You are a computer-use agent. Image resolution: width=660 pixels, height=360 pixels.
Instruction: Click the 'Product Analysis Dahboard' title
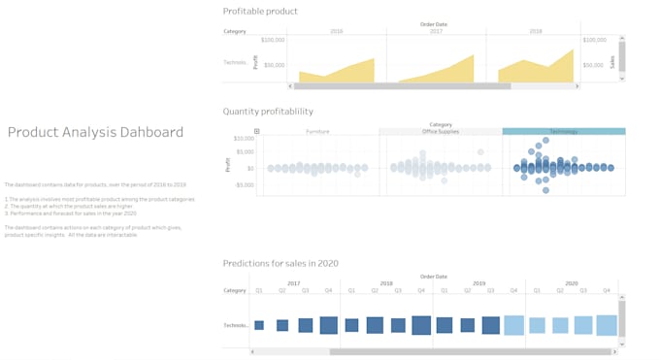point(95,133)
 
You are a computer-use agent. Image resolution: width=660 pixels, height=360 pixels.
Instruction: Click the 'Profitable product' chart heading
point(260,12)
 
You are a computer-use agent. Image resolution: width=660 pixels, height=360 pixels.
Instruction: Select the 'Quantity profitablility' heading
point(268,112)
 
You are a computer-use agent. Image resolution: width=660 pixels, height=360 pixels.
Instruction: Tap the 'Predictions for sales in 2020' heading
point(280,263)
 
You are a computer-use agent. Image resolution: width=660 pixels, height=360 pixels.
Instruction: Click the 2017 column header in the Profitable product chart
point(436,31)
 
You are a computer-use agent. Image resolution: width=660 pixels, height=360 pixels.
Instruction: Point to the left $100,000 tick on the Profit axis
point(273,41)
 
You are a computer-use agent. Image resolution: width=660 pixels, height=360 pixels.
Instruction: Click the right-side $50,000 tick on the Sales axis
point(595,65)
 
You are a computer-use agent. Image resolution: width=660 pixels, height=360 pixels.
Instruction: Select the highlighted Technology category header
point(563,131)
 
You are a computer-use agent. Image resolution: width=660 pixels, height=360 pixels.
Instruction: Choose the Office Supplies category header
point(440,131)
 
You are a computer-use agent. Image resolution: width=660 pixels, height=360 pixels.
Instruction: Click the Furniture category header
point(317,131)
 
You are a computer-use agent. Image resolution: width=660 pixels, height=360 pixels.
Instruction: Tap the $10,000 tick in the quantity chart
point(243,139)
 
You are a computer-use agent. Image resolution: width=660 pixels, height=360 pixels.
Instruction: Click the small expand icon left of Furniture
point(257,131)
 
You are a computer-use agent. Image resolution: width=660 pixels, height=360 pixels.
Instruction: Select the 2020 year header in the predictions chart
point(571,283)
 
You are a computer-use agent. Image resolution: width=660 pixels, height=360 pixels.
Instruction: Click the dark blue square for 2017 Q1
point(259,325)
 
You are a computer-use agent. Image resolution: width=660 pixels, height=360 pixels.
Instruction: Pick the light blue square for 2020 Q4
point(607,325)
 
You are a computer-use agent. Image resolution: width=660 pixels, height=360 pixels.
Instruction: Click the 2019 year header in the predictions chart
point(478,283)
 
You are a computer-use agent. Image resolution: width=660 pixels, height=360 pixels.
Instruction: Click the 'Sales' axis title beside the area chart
point(611,62)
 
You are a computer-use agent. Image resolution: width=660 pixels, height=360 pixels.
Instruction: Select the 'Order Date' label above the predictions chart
point(434,276)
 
